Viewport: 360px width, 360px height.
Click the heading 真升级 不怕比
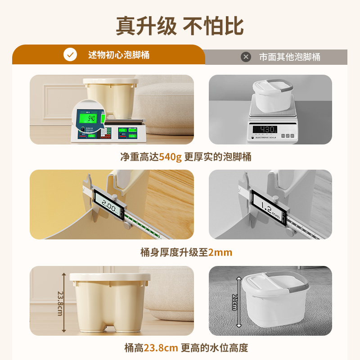(x=180, y=26)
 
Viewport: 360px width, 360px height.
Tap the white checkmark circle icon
(x=70, y=55)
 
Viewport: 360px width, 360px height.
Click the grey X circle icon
(x=246, y=57)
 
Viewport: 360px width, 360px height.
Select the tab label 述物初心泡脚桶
(x=119, y=55)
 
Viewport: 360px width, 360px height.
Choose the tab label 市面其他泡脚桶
(x=290, y=57)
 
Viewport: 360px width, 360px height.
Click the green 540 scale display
(x=92, y=119)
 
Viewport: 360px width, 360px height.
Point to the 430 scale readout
(x=265, y=129)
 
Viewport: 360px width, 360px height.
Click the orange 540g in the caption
(x=170, y=157)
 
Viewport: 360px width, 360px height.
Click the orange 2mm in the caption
(x=220, y=252)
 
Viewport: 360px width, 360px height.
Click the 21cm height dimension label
(x=234, y=302)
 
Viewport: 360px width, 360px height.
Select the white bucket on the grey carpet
(x=274, y=301)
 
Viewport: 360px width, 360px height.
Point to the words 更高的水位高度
(x=215, y=347)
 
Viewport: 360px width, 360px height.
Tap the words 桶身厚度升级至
(x=174, y=252)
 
